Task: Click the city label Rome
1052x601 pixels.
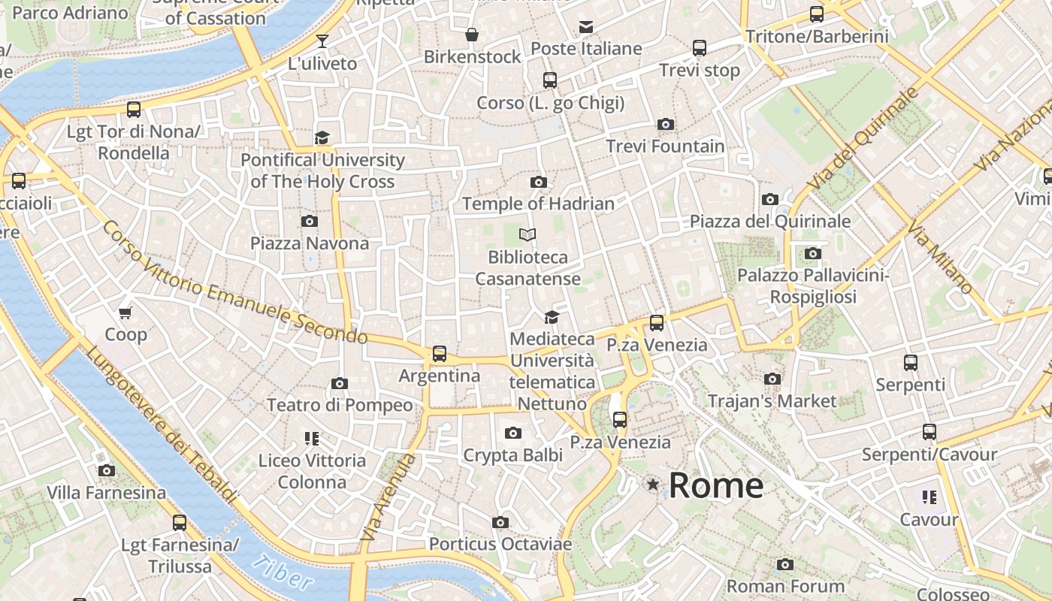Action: click(x=715, y=485)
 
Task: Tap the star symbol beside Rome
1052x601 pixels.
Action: click(x=653, y=485)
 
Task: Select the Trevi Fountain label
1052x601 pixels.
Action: click(x=665, y=146)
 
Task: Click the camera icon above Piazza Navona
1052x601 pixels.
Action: click(x=309, y=221)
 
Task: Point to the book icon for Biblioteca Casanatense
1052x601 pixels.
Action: click(x=528, y=235)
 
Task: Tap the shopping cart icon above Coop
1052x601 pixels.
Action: click(x=125, y=313)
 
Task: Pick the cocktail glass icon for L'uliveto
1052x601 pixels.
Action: click(x=322, y=41)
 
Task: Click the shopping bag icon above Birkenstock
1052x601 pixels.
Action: click(x=472, y=35)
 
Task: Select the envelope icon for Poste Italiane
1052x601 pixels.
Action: click(x=586, y=28)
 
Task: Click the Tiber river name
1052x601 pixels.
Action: click(x=283, y=572)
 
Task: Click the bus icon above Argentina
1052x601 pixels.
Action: click(x=440, y=354)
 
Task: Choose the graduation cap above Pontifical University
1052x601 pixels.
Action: click(x=322, y=137)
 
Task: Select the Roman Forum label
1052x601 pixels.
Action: click(x=785, y=585)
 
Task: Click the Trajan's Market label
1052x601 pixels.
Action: click(x=772, y=400)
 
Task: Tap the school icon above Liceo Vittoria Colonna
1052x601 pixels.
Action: click(x=312, y=438)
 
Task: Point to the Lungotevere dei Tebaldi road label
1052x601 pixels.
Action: click(x=161, y=424)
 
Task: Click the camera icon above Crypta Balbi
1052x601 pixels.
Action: click(x=513, y=433)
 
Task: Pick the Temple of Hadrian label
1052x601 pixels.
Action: click(x=538, y=204)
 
